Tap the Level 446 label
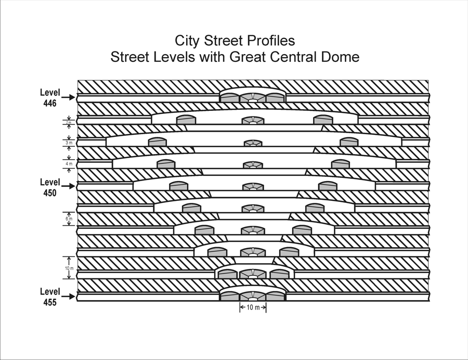pyautogui.click(x=50, y=97)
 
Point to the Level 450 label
pyautogui.click(x=50, y=187)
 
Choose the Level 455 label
pyautogui.click(x=50, y=297)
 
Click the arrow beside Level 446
pyautogui.click(x=69, y=97)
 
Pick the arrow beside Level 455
pyautogui.click(x=69, y=297)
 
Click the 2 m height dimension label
pyautogui.click(x=69, y=122)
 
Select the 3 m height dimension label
pyautogui.click(x=69, y=143)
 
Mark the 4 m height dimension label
pyautogui.click(x=69, y=164)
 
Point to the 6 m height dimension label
pyautogui.click(x=69, y=219)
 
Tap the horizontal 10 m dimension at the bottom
pyautogui.click(x=253, y=308)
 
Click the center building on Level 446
pyautogui.click(x=253, y=97)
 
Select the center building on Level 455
pyautogui.click(x=253, y=296)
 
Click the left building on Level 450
pyautogui.click(x=178, y=186)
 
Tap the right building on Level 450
pyautogui.click(x=328, y=186)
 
